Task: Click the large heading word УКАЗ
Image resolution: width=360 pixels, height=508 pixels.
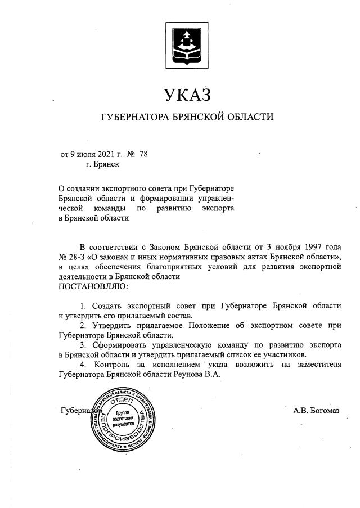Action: (x=187, y=95)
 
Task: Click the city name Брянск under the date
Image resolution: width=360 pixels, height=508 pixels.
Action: (x=102, y=164)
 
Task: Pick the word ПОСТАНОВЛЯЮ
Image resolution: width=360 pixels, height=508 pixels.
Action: (x=93, y=286)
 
